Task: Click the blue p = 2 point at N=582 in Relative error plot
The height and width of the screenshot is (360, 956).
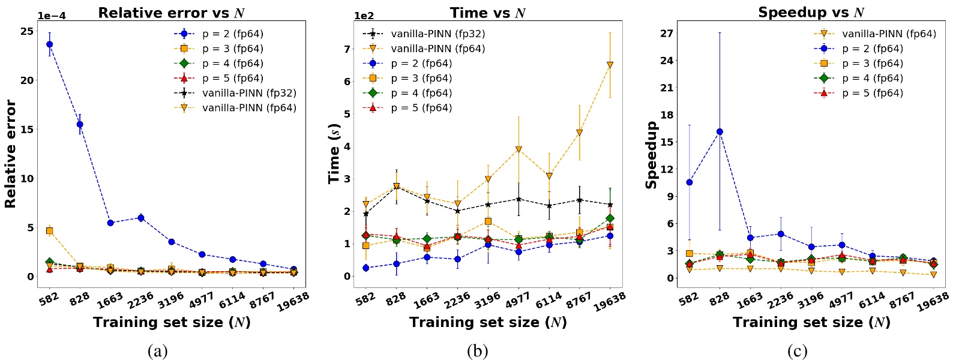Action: click(49, 44)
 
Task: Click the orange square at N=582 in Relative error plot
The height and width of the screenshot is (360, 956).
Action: click(49, 231)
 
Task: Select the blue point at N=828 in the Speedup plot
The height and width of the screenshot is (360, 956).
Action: click(720, 131)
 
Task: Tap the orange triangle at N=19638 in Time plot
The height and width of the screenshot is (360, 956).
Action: click(610, 65)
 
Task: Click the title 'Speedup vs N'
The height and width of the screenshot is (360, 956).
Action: click(811, 13)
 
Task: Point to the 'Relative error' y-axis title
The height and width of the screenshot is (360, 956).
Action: click(10, 154)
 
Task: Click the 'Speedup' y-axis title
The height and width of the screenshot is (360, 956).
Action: click(651, 154)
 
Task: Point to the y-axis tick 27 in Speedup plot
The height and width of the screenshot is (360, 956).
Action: click(667, 33)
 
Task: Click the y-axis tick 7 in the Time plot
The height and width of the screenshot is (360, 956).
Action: click(347, 49)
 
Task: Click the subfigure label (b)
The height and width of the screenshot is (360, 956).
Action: click(477, 351)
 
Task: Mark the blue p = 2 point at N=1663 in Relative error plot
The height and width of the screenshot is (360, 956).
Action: click(110, 223)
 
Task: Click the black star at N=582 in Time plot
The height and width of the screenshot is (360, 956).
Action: click(366, 214)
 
